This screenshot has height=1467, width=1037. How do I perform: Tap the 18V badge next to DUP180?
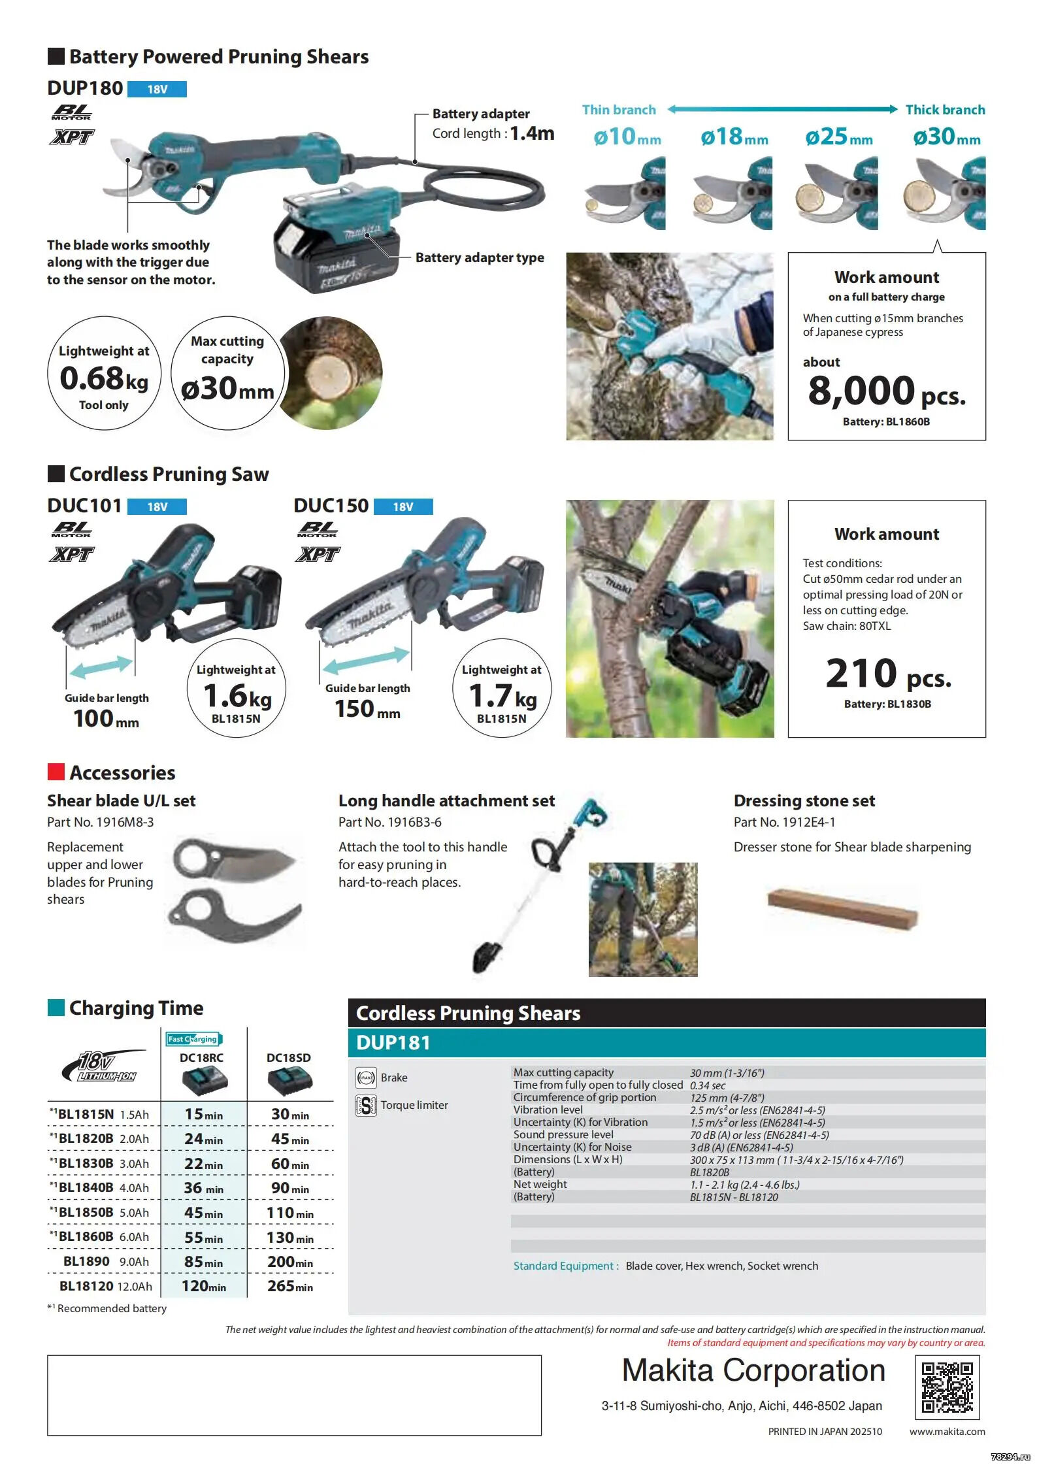coord(157,89)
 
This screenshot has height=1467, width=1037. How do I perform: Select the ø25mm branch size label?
coord(838,137)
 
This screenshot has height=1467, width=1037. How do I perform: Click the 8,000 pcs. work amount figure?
coord(886,391)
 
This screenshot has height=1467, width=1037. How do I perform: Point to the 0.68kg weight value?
coord(104,379)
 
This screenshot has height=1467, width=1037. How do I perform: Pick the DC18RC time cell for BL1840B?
coord(203,1188)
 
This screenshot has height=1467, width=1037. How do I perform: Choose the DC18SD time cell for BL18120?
coord(290,1286)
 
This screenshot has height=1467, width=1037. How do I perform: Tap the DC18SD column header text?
coord(288,1057)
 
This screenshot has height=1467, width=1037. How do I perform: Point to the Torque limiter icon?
coord(366,1105)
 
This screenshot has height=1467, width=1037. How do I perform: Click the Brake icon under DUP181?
coord(366,1078)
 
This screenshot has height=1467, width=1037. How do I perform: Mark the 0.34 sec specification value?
coord(708,1085)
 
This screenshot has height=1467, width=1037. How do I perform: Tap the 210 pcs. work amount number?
coord(887,674)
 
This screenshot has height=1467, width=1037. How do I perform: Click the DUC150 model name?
coord(331,506)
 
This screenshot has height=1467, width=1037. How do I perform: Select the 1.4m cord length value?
coord(532,133)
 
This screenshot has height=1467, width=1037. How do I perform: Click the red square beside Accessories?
coord(56,772)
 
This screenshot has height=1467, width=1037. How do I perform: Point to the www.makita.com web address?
coord(947,1431)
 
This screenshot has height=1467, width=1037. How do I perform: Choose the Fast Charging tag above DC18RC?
coord(193,1039)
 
